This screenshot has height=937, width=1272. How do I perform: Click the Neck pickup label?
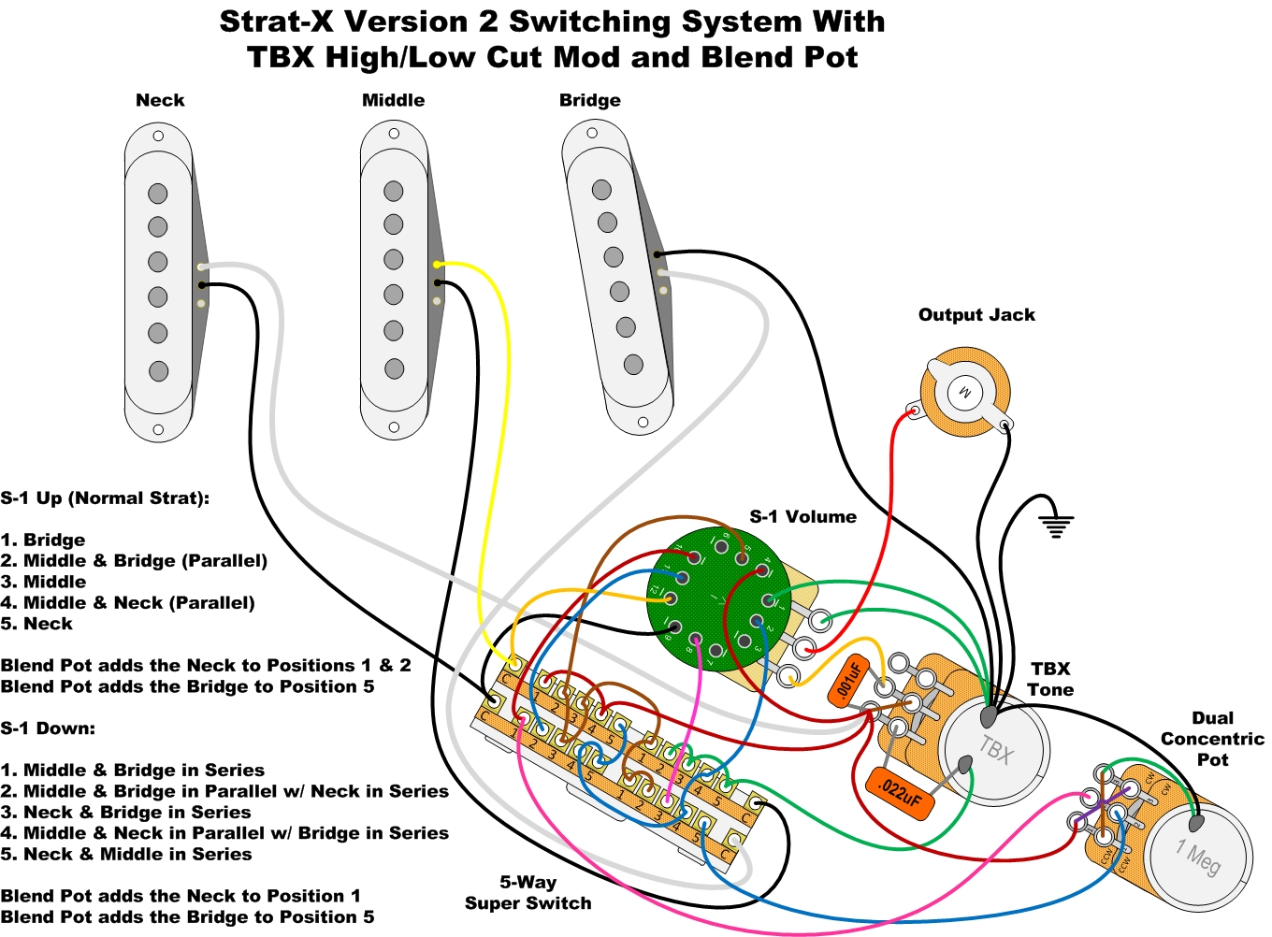click(x=160, y=100)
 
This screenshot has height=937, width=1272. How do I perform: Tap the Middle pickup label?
click(x=393, y=100)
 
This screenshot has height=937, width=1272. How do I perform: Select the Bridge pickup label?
click(x=589, y=100)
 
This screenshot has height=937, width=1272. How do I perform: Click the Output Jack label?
click(x=976, y=315)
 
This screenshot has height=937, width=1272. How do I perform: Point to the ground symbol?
click(x=1056, y=525)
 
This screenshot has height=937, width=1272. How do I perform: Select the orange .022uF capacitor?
click(x=900, y=794)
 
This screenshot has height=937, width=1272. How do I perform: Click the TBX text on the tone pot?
click(x=996, y=749)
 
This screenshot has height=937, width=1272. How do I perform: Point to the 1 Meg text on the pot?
click(x=1198, y=857)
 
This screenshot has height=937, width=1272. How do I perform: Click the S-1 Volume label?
click(x=802, y=517)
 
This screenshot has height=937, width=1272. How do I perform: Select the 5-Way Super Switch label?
click(x=528, y=893)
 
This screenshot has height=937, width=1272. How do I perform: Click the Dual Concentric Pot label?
click(x=1212, y=739)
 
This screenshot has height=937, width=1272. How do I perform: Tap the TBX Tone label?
click(x=1050, y=679)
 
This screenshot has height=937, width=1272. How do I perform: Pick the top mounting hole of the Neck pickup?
click(x=158, y=137)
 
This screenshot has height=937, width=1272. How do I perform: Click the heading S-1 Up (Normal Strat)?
click(x=105, y=498)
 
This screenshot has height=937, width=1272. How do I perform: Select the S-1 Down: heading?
click(x=48, y=728)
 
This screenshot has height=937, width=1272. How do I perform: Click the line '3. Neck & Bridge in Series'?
click(x=125, y=812)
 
